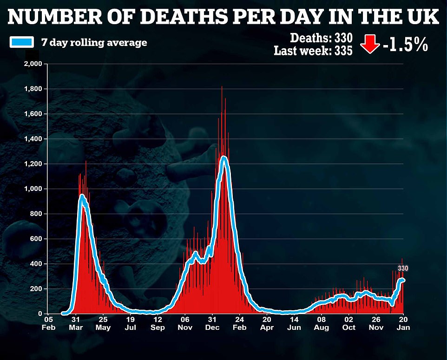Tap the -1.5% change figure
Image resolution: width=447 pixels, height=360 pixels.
404,46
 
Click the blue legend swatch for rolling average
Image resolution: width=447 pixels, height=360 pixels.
21,42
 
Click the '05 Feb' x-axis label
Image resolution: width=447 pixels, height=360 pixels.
48,323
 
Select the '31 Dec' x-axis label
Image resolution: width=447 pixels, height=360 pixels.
212,323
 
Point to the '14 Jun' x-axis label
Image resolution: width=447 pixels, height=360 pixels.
294,323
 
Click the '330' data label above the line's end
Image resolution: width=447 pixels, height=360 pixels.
403,268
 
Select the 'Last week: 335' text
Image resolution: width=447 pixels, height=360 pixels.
313,50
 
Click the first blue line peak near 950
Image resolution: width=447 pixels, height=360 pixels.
82,196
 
